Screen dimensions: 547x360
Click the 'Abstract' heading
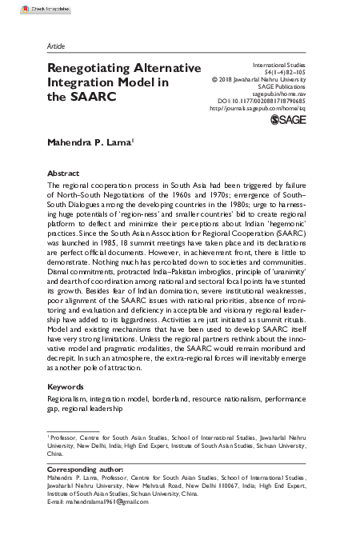(x=64, y=172)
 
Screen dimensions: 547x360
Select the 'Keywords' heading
(x=66, y=386)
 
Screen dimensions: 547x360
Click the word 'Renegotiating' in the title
(x=92, y=69)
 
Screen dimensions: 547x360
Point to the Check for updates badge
(x=25, y=6)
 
